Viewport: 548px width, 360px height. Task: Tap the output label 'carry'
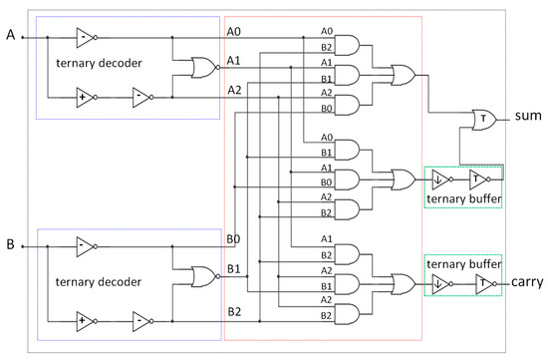pos(526,283)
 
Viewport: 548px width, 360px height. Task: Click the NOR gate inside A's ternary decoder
pos(203,68)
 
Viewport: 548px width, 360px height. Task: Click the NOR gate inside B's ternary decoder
pos(203,274)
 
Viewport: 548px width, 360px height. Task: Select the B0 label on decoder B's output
pos(232,238)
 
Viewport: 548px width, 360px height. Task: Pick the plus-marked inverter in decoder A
pos(86,98)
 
